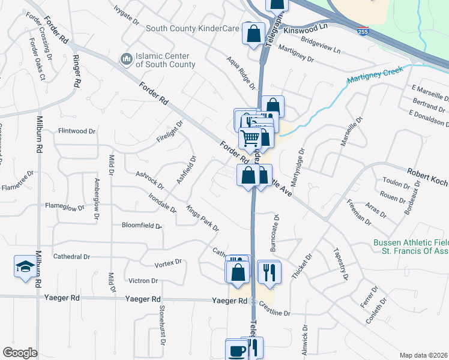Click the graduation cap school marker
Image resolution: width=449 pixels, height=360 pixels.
click(25, 268)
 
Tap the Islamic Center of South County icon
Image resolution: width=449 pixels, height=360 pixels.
click(126, 58)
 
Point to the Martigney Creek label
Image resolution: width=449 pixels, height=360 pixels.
click(373, 79)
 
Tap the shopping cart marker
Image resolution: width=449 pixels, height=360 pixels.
click(250, 139)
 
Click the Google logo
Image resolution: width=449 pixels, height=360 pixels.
click(19, 353)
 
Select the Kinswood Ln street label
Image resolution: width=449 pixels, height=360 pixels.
click(307, 28)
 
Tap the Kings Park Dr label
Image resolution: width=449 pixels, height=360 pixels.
click(202, 219)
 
